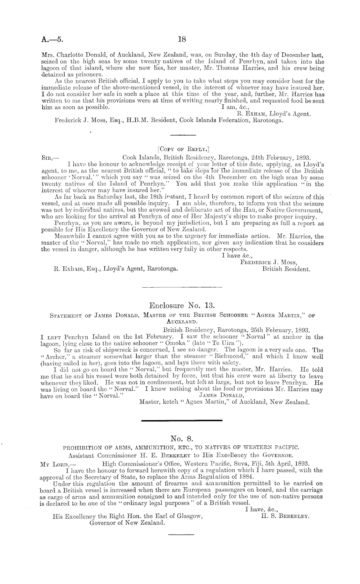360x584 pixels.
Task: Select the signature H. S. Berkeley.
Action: tap(285, 516)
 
